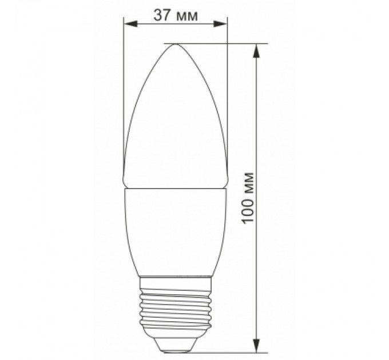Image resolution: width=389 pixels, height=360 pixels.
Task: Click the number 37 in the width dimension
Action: pyautogui.click(x=162, y=15)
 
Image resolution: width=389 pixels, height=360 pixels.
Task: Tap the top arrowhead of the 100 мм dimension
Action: pyautogui.click(x=258, y=50)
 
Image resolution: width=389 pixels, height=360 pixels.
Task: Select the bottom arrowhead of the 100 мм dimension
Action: pyautogui.click(x=258, y=346)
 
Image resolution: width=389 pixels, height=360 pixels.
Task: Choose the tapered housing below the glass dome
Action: pyautogui.click(x=176, y=229)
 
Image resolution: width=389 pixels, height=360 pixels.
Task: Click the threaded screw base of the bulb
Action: pyautogui.click(x=176, y=303)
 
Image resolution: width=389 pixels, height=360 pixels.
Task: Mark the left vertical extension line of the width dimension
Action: pyautogui.click(x=124, y=86)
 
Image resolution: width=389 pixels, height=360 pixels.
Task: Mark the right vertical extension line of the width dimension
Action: pyautogui.click(x=228, y=86)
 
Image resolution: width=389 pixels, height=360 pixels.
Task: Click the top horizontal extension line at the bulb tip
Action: pyautogui.click(x=229, y=43)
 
